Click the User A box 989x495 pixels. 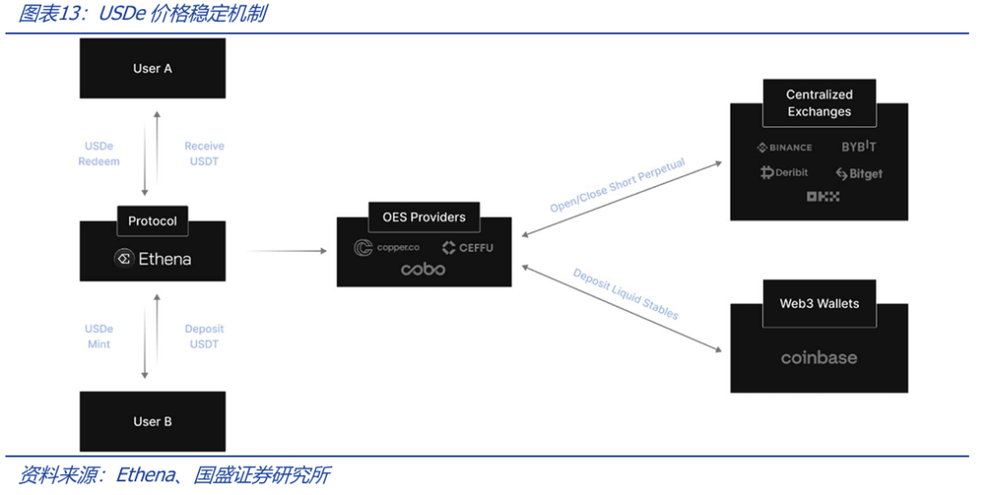point(152,69)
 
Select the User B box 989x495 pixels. point(152,422)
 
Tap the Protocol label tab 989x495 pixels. point(152,221)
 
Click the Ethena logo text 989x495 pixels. point(153,259)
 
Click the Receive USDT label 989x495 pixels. point(203,154)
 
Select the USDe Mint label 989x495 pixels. point(99,337)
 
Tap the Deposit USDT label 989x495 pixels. point(203,337)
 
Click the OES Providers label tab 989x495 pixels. point(423,218)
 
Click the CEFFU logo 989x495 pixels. point(467,248)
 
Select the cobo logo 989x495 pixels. point(423,270)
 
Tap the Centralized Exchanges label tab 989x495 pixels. point(819,103)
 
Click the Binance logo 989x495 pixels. point(784,147)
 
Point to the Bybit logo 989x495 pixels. point(859,147)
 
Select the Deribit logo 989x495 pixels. point(784,173)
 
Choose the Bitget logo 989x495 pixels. point(859,174)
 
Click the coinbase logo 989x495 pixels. point(819,358)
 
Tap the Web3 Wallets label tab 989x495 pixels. point(819,304)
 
